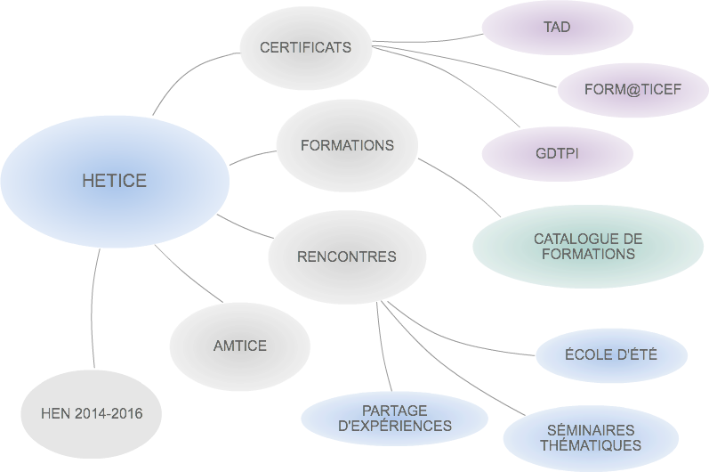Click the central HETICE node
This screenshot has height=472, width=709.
(x=114, y=181)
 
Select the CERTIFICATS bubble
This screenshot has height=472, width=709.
(x=305, y=48)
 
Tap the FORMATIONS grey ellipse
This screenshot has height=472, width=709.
(x=347, y=145)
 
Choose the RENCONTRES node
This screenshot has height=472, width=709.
(x=346, y=256)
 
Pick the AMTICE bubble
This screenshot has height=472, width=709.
(x=239, y=346)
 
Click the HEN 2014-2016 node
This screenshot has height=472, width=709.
(x=91, y=413)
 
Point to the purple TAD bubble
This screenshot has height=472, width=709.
(x=557, y=28)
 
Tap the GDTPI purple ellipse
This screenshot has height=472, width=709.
(x=557, y=153)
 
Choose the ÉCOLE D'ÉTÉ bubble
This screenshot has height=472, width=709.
(x=611, y=354)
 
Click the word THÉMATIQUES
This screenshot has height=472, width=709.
(x=590, y=445)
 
